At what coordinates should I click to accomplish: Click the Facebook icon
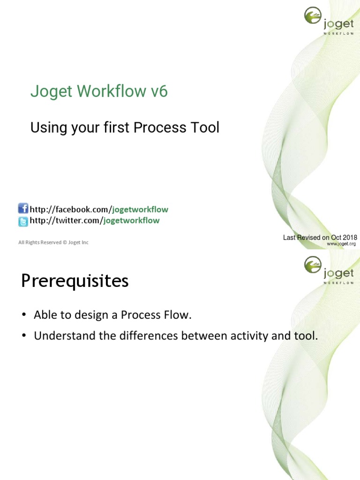[23, 209]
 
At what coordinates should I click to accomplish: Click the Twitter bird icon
[23, 221]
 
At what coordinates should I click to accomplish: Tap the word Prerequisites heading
[75, 281]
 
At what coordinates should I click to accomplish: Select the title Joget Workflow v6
[99, 91]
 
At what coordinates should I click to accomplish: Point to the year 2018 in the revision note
[349, 238]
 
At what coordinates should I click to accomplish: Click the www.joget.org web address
[341, 244]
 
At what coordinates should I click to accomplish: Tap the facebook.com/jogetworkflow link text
[99, 210]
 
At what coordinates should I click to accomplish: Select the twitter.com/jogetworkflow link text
[95, 220]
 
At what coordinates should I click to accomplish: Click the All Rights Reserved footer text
[53, 242]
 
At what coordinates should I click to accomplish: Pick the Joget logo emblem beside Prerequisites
[313, 265]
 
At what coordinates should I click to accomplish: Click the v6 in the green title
[159, 91]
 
